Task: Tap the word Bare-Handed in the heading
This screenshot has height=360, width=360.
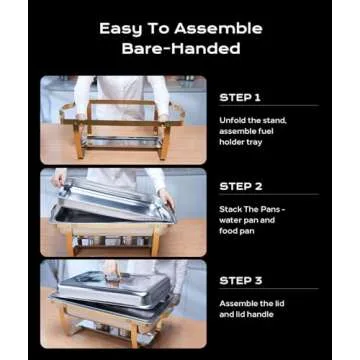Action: [x=180, y=49]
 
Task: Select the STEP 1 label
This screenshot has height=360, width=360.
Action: [x=240, y=98]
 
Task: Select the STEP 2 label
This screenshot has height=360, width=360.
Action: [x=240, y=186]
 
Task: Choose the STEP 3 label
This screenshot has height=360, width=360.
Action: [x=240, y=280]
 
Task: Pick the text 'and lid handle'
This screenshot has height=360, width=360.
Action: [x=243, y=313]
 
